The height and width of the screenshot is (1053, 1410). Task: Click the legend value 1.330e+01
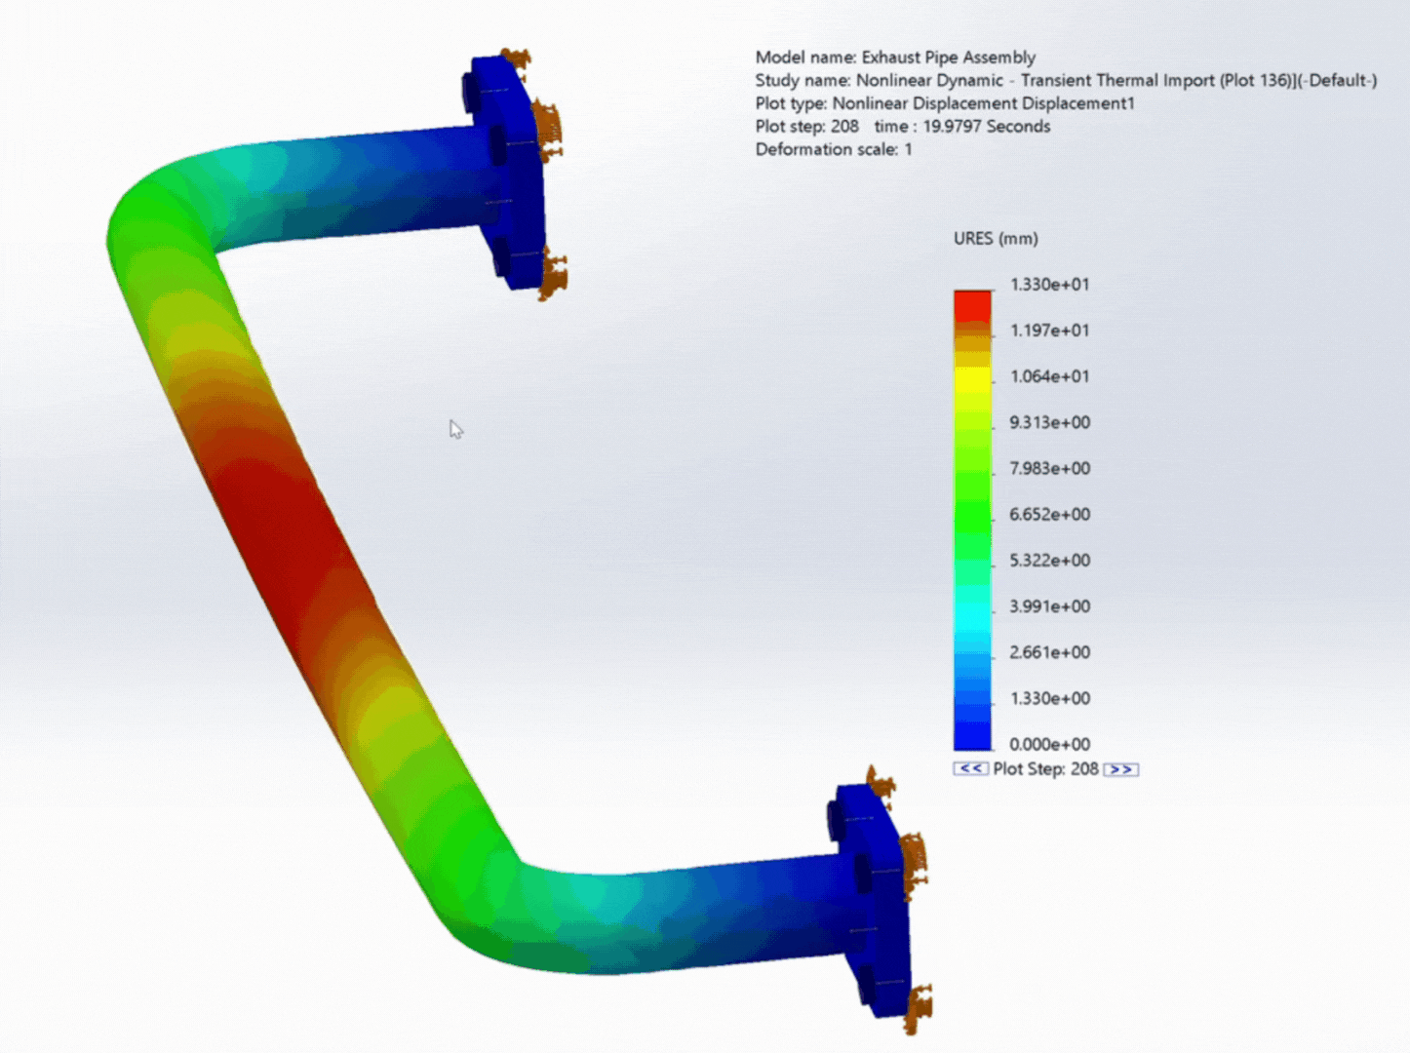tap(1049, 285)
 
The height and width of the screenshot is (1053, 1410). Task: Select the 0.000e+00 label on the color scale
tap(1049, 744)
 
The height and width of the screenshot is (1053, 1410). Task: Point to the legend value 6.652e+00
tap(1049, 514)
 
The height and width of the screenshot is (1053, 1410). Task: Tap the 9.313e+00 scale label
tap(1049, 422)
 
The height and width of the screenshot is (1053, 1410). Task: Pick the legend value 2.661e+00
tap(1049, 652)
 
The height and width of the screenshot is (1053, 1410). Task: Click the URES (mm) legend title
tap(995, 239)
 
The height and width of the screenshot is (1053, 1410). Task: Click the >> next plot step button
tap(1121, 769)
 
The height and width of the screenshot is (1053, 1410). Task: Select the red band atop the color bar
tap(972, 306)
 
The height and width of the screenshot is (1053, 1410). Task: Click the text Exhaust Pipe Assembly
tap(948, 58)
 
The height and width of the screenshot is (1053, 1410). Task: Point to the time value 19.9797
tap(952, 127)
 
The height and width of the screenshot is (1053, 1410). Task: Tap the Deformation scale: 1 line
tap(833, 149)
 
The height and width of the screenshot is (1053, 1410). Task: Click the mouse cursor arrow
tap(455, 429)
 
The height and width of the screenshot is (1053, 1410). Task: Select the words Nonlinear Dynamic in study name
tap(929, 81)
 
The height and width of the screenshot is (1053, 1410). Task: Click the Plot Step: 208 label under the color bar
tap(1045, 769)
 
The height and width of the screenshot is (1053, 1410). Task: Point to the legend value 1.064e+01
tap(1049, 376)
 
